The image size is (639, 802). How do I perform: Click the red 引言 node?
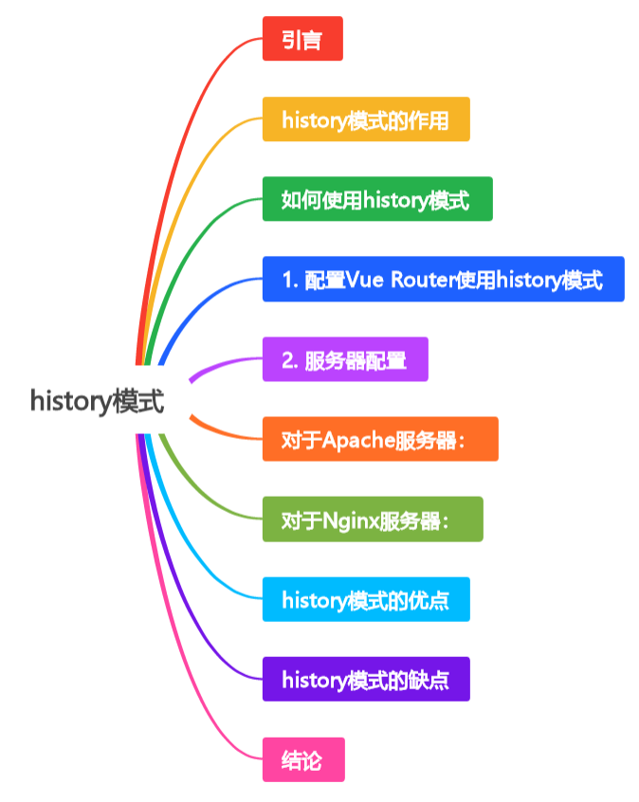[302, 39]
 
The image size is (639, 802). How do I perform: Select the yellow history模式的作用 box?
[365, 119]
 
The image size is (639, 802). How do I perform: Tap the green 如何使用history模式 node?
[376, 199]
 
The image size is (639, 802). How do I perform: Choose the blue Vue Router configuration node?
[443, 280]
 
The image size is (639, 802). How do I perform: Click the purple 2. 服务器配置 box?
[345, 359]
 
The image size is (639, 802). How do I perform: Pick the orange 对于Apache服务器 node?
[379, 440]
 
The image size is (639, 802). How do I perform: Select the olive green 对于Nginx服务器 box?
[372, 519]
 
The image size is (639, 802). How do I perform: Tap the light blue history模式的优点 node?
[365, 600]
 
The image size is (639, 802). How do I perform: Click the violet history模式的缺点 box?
[365, 680]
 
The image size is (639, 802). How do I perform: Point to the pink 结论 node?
[302, 760]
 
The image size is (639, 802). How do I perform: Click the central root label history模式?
[97, 401]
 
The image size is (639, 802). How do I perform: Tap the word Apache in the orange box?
[352, 440]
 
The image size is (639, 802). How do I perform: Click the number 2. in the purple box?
[290, 360]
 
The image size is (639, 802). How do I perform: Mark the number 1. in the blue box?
[290, 280]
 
